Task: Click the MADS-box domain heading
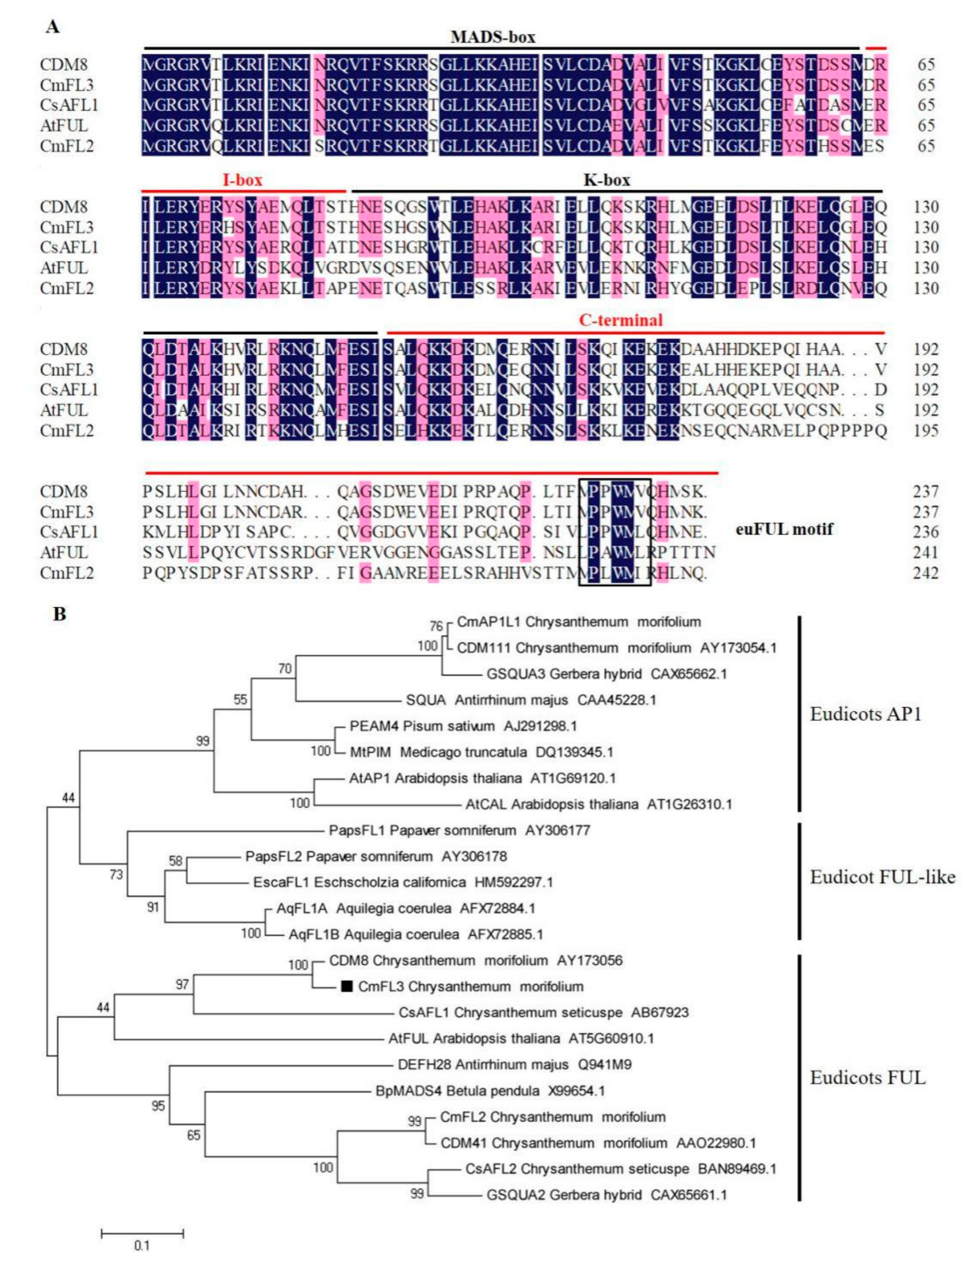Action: [x=493, y=38]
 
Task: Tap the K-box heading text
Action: [x=607, y=180]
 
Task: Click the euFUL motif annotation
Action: [x=784, y=529]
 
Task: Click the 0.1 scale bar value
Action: [x=142, y=1246]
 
